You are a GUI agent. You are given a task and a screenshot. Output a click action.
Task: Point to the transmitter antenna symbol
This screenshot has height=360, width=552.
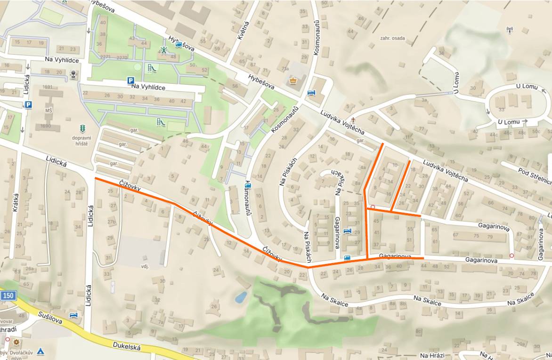click(x=509, y=31)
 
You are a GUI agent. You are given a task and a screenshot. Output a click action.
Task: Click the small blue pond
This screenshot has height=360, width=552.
click(x=241, y=297)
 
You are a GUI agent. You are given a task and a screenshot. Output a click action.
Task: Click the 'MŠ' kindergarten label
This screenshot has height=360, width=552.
click(x=49, y=110)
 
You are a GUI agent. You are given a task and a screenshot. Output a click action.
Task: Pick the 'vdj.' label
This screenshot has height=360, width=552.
click(x=144, y=266)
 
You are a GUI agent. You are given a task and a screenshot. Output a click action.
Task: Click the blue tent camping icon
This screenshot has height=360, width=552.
click(x=41, y=351)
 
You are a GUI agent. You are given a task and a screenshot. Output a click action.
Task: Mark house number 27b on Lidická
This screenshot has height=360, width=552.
click(x=112, y=222)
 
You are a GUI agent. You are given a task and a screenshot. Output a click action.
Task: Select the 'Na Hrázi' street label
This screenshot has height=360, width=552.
click(x=432, y=355)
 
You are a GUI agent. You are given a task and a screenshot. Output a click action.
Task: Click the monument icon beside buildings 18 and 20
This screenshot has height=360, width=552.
click(x=73, y=73)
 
